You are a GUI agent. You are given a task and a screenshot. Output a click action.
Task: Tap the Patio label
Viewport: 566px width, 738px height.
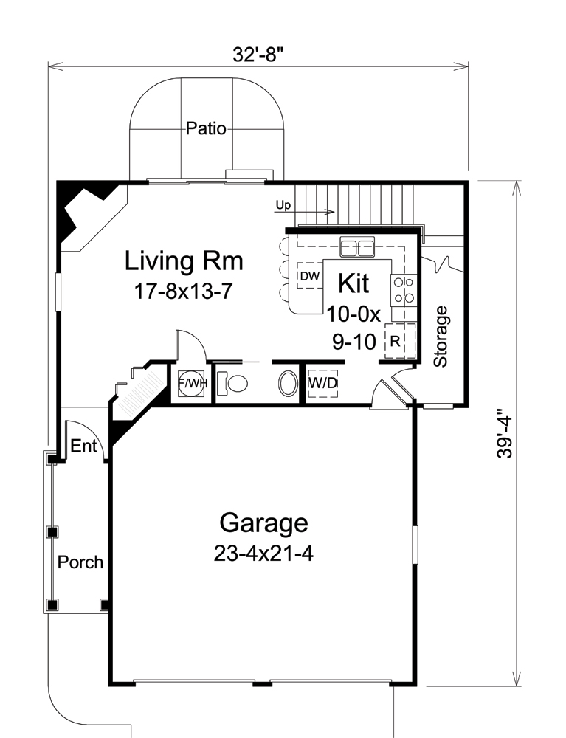[206, 128]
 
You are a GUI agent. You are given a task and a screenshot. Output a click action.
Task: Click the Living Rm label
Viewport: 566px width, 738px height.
[184, 261]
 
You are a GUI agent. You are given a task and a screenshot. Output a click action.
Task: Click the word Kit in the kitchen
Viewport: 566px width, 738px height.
[353, 283]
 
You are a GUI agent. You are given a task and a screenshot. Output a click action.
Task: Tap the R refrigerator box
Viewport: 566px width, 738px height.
[396, 341]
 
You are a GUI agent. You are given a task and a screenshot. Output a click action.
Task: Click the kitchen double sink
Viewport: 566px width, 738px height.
[357, 248]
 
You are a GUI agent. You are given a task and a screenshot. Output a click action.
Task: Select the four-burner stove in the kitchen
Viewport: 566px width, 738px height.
[404, 290]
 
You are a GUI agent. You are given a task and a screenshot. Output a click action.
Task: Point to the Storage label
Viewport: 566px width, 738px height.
[441, 337]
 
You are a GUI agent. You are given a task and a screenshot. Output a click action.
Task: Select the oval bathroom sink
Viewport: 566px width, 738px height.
[287, 384]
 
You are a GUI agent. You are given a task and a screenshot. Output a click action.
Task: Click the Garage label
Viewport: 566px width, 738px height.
[263, 523]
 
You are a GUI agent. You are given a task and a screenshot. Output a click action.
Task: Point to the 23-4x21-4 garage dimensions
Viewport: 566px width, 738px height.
[263, 553]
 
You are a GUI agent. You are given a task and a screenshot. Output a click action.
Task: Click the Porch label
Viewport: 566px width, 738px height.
[80, 562]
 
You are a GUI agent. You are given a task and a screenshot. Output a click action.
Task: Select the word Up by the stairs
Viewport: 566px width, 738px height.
[282, 204]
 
